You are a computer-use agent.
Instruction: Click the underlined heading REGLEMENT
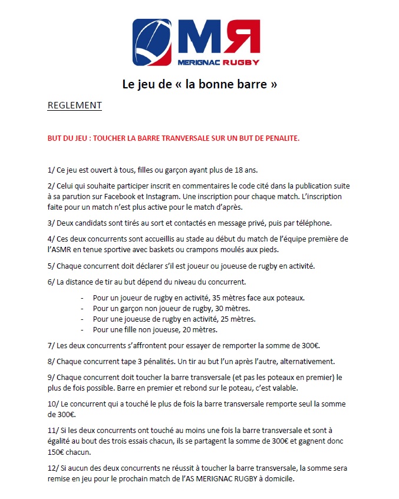(x=74, y=105)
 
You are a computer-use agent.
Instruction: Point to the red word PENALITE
(x=280, y=138)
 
